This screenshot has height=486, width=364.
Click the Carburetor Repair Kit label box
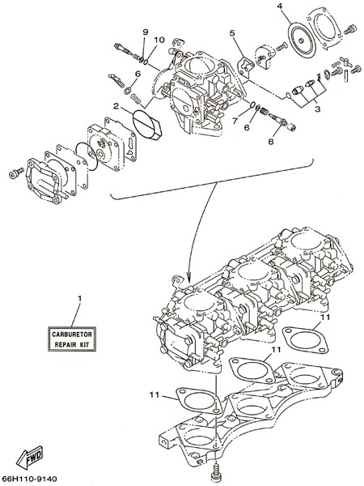(x=72, y=339)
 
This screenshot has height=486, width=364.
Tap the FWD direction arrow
(x=29, y=457)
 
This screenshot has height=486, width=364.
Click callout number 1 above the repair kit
(x=80, y=298)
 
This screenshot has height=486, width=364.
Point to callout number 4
(x=280, y=6)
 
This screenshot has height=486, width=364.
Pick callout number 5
(x=233, y=32)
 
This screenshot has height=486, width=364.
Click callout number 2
(x=116, y=106)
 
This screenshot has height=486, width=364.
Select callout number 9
(x=145, y=32)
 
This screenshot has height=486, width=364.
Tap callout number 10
(x=159, y=40)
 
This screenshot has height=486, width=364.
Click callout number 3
(x=317, y=109)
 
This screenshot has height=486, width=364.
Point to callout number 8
(x=271, y=141)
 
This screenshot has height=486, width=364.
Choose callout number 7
(x=235, y=120)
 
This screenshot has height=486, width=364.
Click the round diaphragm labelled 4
(x=302, y=41)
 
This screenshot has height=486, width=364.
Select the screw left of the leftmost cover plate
(x=16, y=173)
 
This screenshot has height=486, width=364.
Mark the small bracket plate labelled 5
(x=246, y=66)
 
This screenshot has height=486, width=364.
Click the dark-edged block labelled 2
(x=147, y=124)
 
